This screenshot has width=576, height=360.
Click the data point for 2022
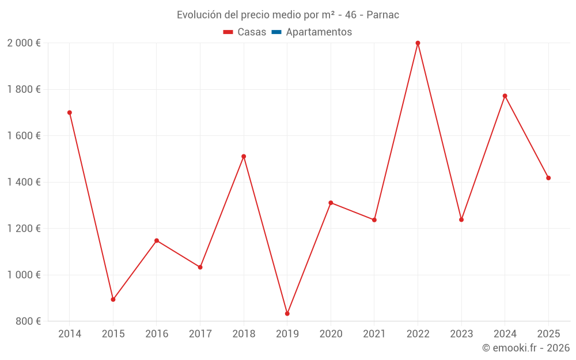click(418, 43)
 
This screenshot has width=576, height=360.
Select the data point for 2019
click(287, 313)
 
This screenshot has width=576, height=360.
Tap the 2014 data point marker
click(70, 113)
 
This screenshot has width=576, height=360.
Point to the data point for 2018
click(244, 157)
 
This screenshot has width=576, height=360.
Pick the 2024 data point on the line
click(505, 96)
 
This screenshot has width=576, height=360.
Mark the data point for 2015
click(113, 300)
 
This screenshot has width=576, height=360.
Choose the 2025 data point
click(548, 178)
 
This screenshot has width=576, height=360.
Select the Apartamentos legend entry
click(319, 32)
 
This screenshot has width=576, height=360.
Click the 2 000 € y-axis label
click(24, 43)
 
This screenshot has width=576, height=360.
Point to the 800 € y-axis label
click(28, 321)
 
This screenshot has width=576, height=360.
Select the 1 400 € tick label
click(24, 182)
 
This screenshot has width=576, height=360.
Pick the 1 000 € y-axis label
click(24, 275)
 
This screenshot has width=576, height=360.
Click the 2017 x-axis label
click(200, 334)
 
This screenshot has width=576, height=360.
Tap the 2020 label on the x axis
click(331, 334)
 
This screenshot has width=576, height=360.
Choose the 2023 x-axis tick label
click(461, 334)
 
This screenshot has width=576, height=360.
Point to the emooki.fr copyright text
click(526, 348)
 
